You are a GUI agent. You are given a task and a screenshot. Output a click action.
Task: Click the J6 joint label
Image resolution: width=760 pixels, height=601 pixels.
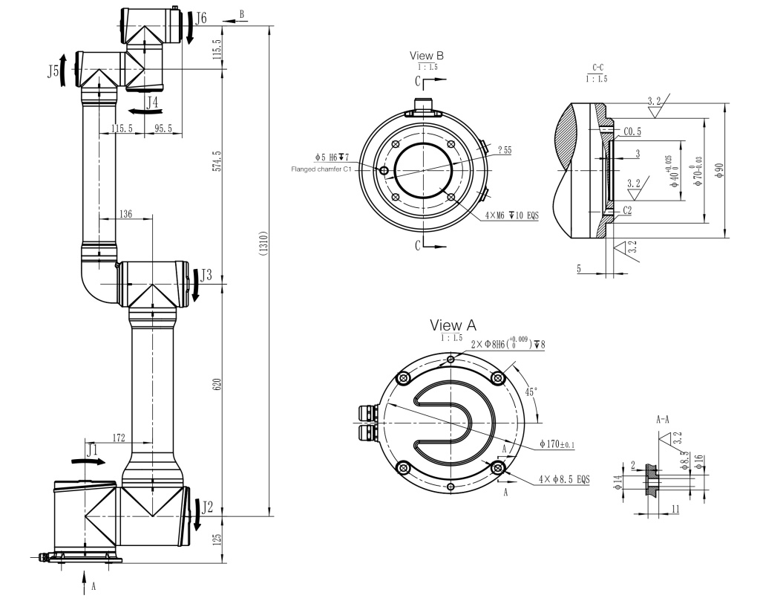point(201,16)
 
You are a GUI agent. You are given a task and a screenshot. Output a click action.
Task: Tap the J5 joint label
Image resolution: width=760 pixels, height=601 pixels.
point(53,71)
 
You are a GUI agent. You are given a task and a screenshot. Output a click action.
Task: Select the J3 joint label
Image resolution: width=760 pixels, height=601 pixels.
point(206,275)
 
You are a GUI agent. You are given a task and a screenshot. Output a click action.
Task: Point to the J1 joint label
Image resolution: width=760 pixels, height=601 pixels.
point(91,449)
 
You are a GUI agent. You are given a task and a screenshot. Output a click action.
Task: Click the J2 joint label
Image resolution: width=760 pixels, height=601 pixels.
point(208,507)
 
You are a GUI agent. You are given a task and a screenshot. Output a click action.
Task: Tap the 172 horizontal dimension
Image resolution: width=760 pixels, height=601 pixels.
point(118,438)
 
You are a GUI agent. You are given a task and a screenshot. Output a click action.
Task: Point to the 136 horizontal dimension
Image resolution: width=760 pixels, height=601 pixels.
point(125,214)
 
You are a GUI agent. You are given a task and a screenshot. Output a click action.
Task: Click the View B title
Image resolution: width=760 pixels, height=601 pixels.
point(427,56)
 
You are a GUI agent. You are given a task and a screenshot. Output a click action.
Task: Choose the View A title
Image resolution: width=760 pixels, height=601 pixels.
point(453,325)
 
